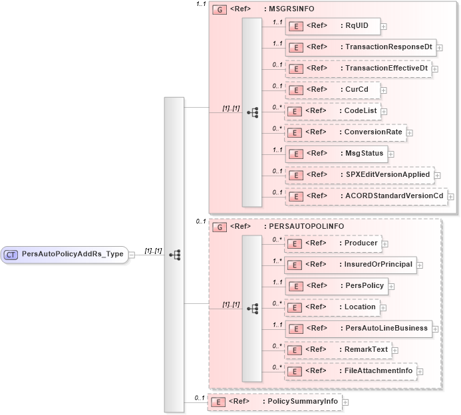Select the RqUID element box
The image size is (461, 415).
[332, 27]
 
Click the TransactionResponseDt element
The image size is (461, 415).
[360, 48]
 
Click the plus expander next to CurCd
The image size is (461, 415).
[384, 90]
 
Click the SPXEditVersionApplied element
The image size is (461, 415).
[359, 174]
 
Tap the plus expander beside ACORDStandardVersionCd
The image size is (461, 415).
[451, 196]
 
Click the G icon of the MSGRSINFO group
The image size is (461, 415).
[218, 9]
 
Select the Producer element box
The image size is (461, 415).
[333, 243]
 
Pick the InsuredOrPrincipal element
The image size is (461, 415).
[350, 265]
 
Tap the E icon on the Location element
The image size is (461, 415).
[295, 307]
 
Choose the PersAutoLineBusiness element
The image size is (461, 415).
[357, 328]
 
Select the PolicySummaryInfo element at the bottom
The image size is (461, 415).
[274, 402]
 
